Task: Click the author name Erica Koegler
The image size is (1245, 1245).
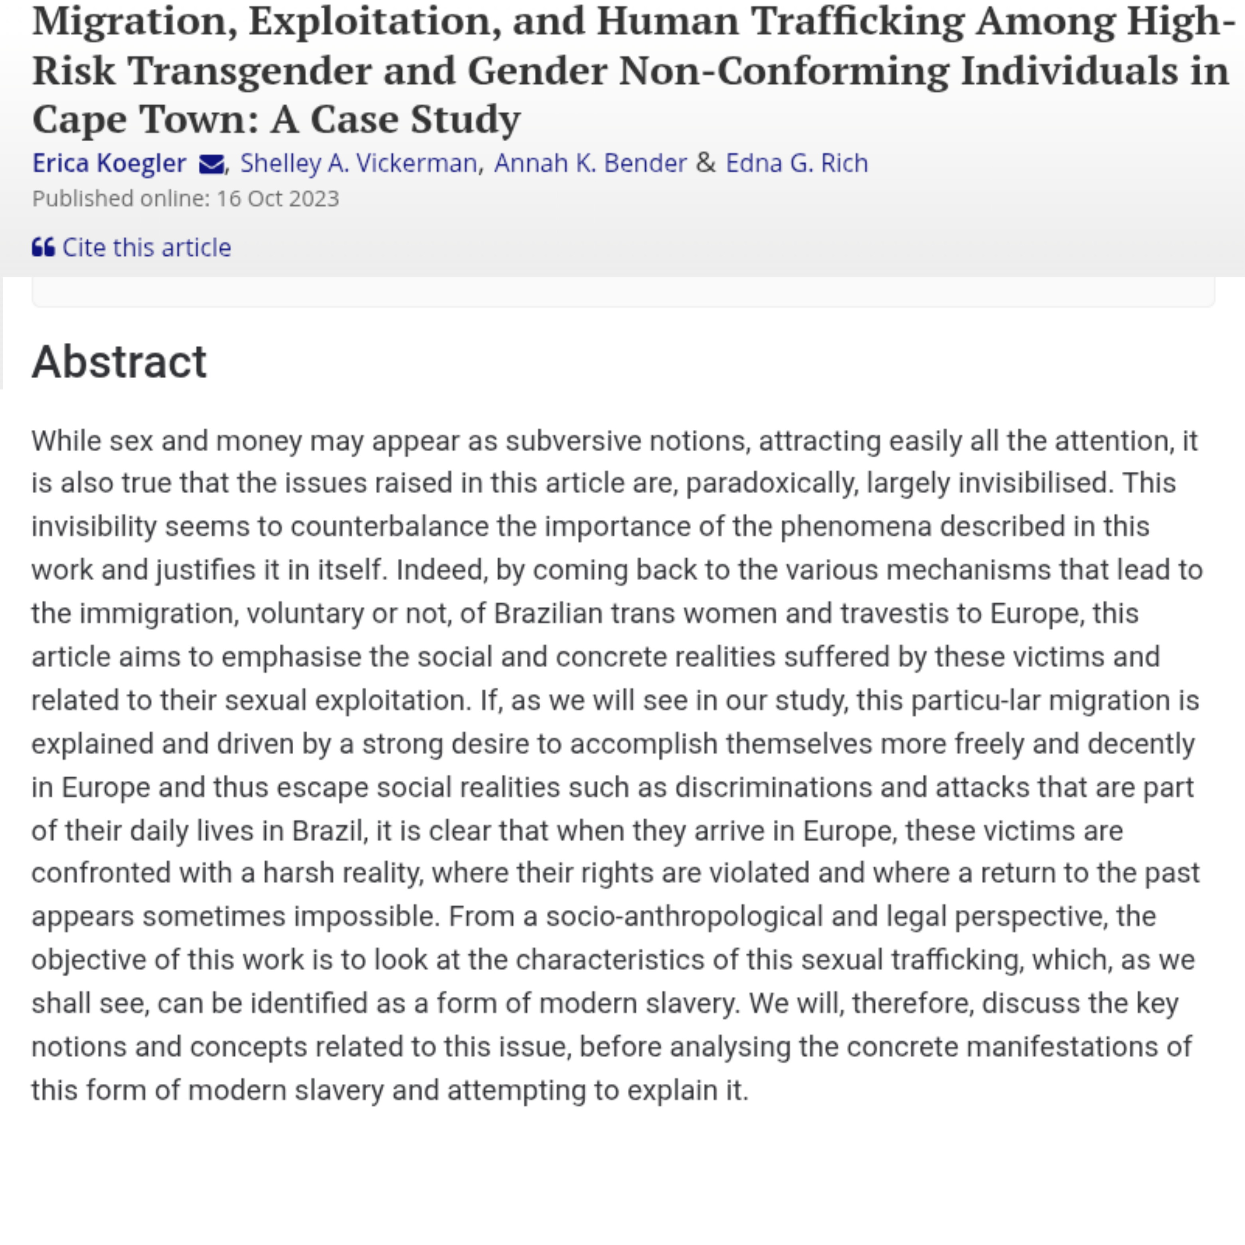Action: coord(109,163)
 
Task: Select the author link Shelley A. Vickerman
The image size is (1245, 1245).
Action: coord(358,163)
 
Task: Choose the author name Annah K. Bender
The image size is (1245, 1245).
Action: coord(590,163)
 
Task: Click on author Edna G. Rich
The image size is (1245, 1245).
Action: coord(796,163)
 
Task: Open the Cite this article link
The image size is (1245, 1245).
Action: coord(146,247)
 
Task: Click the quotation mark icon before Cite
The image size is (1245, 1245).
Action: coord(43,247)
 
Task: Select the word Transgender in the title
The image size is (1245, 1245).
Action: coord(249,70)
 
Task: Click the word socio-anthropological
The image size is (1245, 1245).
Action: coord(684,916)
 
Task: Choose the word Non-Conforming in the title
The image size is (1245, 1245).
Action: coord(784,70)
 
